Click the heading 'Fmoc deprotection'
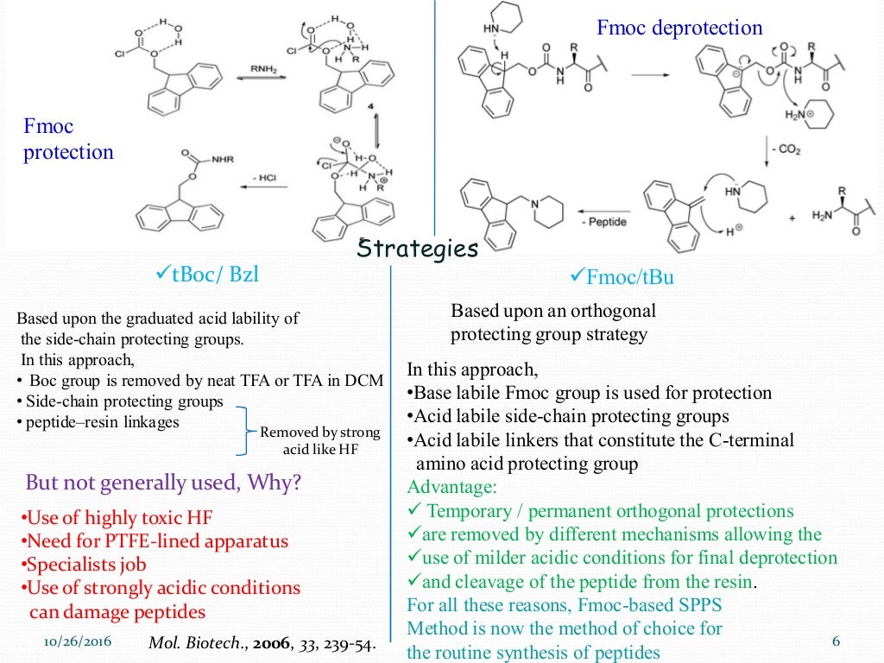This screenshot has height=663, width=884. point(679,28)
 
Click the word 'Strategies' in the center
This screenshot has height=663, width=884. point(418,249)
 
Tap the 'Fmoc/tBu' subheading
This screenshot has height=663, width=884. point(622,277)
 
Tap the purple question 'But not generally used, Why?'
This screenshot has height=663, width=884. point(163,482)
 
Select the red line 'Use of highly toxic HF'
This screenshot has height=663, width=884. point(116,518)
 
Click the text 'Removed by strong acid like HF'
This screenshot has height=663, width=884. point(319,440)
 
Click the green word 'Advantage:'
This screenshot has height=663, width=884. point(446,486)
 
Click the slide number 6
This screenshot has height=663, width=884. point(835,641)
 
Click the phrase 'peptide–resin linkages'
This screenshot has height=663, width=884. point(101,422)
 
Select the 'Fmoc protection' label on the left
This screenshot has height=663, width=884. point(68,140)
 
